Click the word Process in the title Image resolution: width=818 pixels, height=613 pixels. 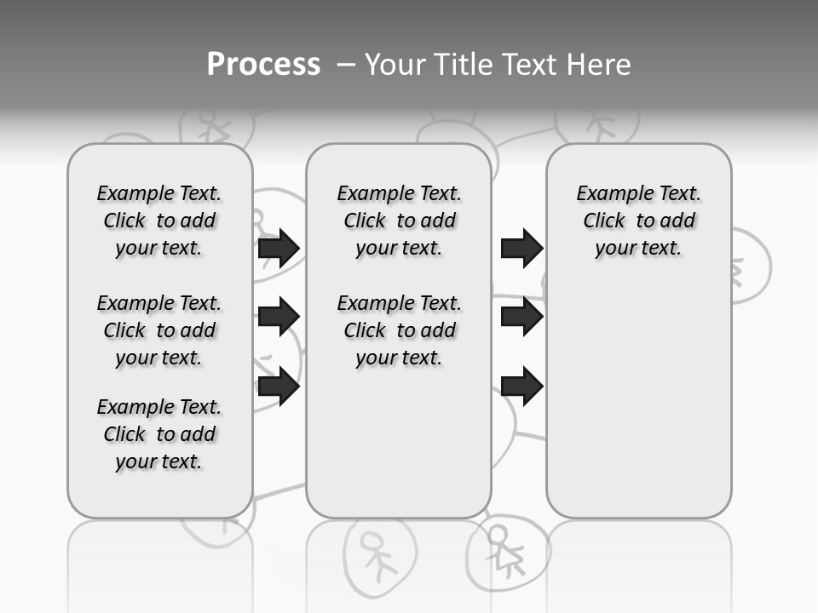click(263, 64)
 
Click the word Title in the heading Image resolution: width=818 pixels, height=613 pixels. click(464, 64)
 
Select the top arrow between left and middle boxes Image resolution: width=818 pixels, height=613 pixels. click(279, 248)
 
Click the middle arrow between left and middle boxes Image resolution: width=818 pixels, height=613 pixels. click(279, 317)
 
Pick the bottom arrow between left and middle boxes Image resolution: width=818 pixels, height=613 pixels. click(279, 387)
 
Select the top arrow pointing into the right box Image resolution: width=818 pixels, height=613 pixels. click(521, 248)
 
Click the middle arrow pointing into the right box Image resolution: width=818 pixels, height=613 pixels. click(521, 317)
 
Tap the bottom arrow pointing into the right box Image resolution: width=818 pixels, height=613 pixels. click(521, 387)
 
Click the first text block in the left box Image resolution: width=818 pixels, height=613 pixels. click(159, 221)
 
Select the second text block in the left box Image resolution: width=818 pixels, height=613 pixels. click(159, 330)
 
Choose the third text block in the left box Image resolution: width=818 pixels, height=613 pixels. click(159, 434)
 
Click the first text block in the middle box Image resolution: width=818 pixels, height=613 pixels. click(399, 221)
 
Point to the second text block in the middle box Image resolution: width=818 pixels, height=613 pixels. click(399, 330)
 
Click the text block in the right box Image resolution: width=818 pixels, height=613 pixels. click(638, 221)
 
